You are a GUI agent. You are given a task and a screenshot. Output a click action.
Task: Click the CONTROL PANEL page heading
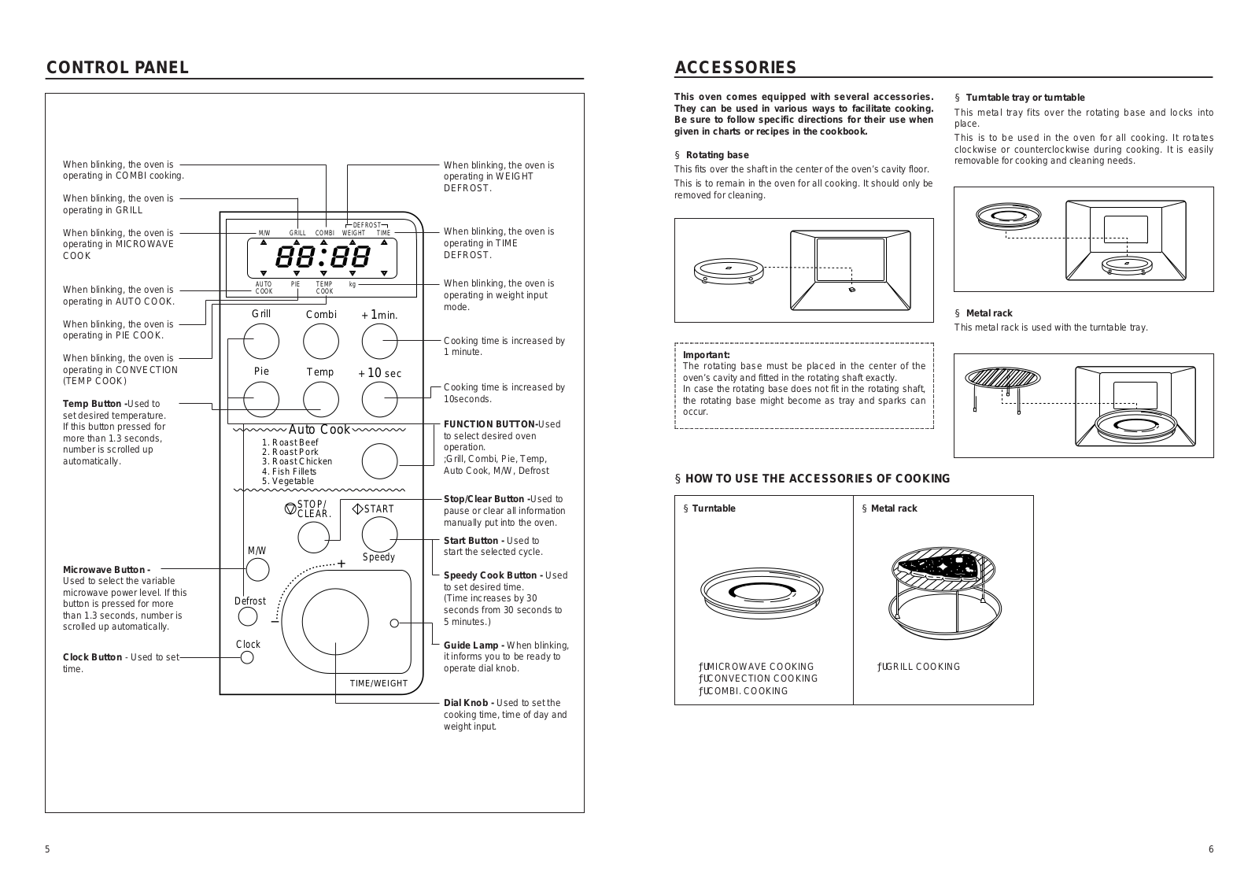[x=117, y=68]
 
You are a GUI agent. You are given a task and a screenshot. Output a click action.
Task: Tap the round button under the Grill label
[x=261, y=342]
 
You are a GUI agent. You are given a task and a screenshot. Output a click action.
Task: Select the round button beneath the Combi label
[x=321, y=342]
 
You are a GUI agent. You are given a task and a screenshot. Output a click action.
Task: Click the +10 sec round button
[x=380, y=400]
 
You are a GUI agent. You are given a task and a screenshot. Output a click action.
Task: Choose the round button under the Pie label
[x=261, y=400]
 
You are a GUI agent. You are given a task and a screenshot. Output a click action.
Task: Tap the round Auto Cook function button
[x=380, y=461]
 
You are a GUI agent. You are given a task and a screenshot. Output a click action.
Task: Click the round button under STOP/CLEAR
[x=314, y=537]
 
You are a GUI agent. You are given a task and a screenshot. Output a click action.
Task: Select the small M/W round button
[x=257, y=570]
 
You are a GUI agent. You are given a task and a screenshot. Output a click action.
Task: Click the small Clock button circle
[x=247, y=657]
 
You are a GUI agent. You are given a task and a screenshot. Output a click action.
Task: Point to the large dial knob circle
[x=335, y=622]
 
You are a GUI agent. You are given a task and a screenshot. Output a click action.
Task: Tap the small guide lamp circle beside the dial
[x=395, y=623]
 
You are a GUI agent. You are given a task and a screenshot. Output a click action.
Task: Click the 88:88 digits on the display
[x=323, y=257]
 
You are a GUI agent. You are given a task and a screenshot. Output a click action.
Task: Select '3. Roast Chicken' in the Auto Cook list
[x=297, y=462]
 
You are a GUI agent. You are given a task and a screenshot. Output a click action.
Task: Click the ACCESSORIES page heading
[x=736, y=68]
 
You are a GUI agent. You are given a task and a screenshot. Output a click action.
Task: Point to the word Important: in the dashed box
[x=707, y=355]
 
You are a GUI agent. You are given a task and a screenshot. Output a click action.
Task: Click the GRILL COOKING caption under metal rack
[x=919, y=667]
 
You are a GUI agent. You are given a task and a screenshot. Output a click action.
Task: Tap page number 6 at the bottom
[x=1211, y=849]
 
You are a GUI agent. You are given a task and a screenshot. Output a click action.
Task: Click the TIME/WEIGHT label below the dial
[x=379, y=683]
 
